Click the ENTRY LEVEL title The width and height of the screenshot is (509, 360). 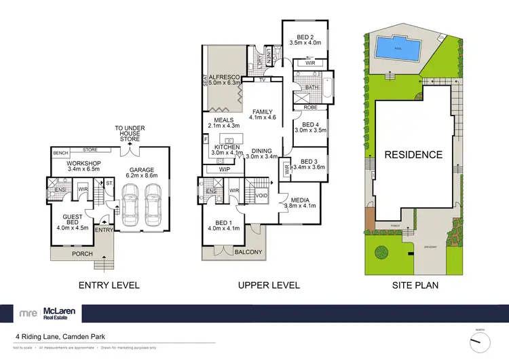110,285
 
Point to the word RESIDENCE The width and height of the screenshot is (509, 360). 414,155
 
